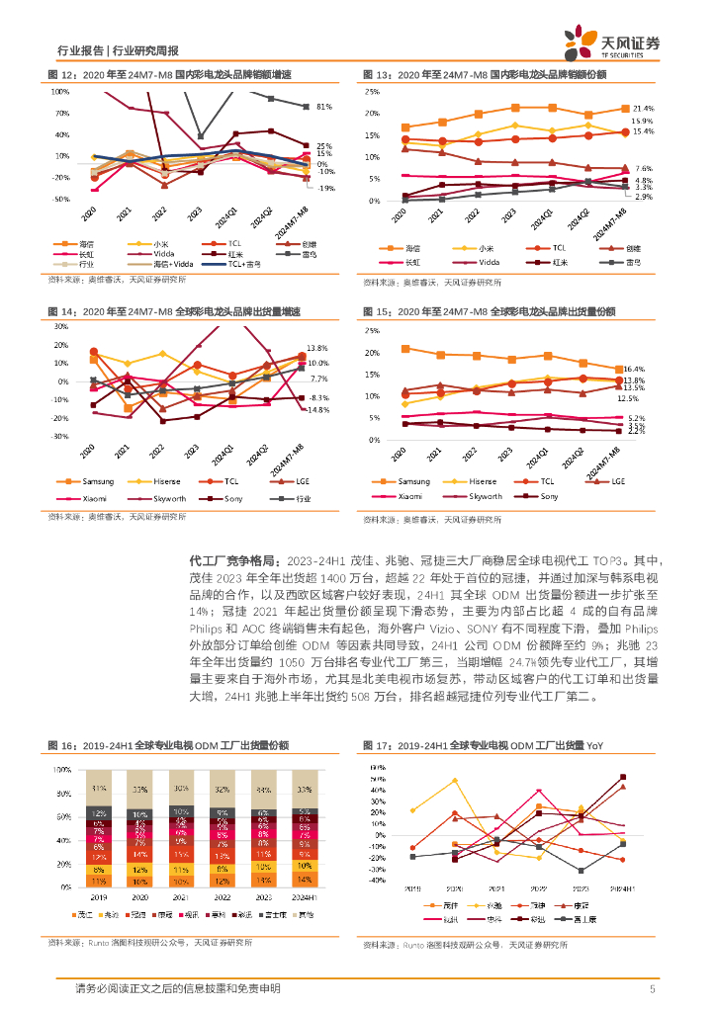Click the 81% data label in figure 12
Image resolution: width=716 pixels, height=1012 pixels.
click(323, 107)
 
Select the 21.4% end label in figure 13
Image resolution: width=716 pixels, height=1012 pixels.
click(643, 108)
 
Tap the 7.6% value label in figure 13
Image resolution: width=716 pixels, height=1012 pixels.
click(643, 169)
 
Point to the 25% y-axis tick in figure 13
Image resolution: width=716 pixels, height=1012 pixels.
click(373, 91)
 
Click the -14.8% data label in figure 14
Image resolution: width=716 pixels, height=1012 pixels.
click(317, 409)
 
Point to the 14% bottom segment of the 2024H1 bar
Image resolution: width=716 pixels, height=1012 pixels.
click(304, 879)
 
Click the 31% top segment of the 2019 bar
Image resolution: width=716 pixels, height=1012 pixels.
click(99, 789)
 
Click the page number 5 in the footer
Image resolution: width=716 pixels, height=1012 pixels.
click(652, 988)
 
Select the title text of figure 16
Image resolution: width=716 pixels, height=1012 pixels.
click(168, 744)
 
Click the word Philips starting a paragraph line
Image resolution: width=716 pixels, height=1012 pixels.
click(208, 628)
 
